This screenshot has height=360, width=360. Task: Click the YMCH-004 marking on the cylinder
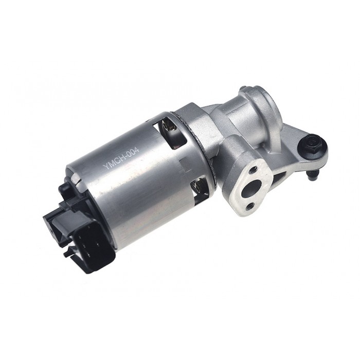tap(121, 158)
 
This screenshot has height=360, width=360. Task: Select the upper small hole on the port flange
tap(254, 170)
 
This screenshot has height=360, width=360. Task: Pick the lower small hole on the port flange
tap(250, 205)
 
